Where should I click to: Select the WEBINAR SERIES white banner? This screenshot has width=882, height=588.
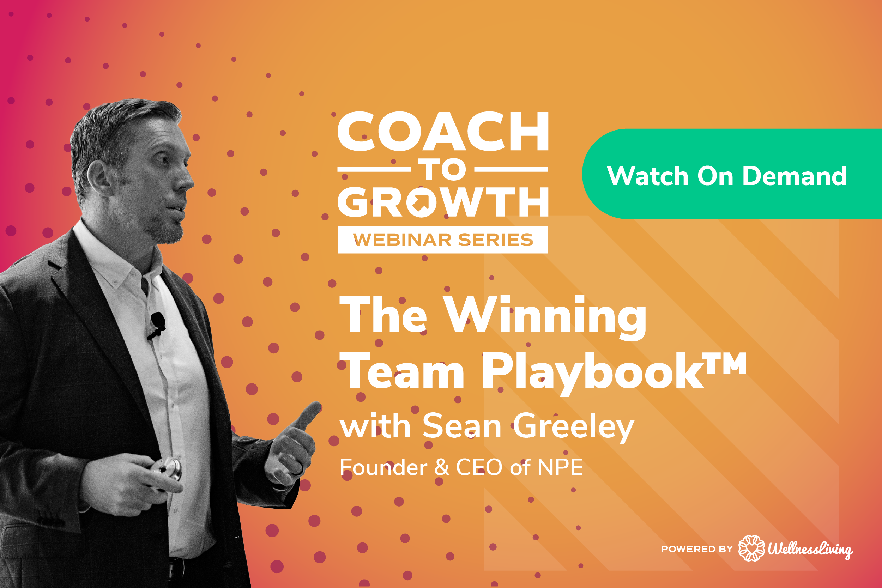coord(442,240)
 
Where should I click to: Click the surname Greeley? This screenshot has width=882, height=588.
coord(574,427)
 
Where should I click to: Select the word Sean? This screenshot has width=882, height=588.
coord(462,426)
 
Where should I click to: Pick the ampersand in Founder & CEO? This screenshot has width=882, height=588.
coord(441,468)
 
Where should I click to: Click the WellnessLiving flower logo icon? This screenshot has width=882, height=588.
coord(751,548)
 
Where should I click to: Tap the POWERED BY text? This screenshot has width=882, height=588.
coord(697,549)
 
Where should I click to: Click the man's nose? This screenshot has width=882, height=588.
coord(186,179)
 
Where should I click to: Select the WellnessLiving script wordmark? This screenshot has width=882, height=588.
coord(810,549)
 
